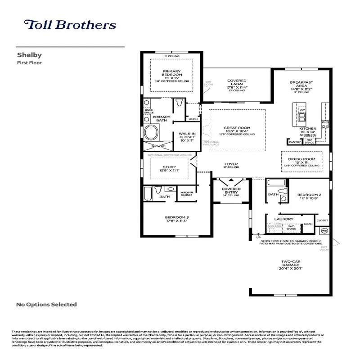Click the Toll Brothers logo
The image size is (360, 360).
click(70, 25)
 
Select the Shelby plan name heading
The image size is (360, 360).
click(29, 55)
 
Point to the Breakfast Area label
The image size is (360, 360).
click(301, 85)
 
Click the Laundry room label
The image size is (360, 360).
click(286, 219)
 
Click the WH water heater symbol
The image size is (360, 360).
click(324, 231)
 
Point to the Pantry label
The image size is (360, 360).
click(295, 142)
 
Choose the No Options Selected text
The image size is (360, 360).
click(46, 305)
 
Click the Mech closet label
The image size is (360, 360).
click(308, 224)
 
